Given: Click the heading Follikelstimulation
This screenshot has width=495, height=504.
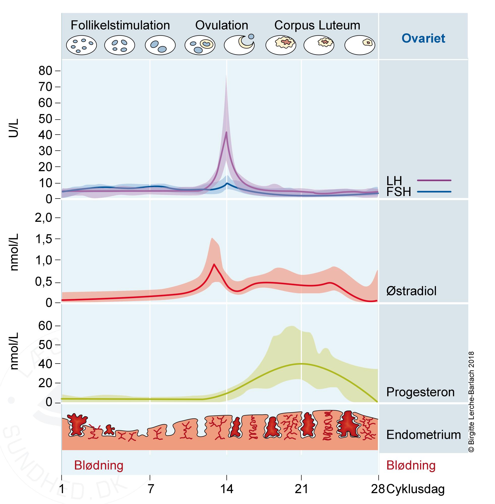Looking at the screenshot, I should [120, 26].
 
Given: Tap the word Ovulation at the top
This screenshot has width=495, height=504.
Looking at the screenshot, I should [222, 26].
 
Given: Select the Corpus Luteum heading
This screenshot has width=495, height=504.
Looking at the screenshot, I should [317, 26].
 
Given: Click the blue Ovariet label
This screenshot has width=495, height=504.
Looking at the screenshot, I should [423, 38].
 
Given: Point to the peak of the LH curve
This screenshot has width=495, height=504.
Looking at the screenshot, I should [226, 132].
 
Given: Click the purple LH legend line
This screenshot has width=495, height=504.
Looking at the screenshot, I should [434, 180].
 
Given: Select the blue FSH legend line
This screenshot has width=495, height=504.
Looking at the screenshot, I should [434, 192].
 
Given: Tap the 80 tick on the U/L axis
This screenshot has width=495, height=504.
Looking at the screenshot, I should [45, 71].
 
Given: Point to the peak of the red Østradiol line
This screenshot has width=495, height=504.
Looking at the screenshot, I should [214, 264].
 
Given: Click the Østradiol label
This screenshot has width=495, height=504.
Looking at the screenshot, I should [411, 291].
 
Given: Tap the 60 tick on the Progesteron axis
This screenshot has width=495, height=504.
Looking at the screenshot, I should [45, 326].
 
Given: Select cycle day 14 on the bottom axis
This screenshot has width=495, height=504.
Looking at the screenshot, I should [227, 489].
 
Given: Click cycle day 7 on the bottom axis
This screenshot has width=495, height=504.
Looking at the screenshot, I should [150, 489].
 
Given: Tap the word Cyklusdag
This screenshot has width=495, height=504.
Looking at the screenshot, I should [415, 489].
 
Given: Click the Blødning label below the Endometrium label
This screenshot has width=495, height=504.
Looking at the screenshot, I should [411, 466].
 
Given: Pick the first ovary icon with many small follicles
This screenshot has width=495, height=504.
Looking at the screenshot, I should [81, 45].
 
